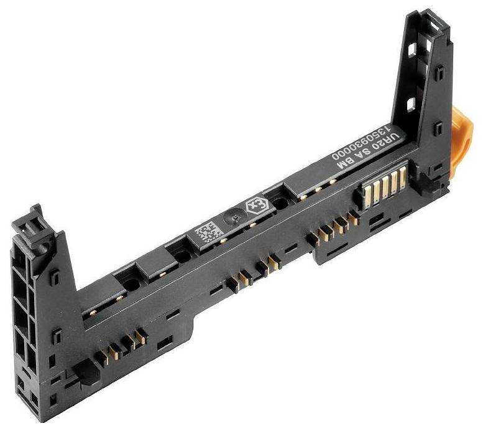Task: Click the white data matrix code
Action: [206, 234]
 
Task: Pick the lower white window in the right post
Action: [412, 103]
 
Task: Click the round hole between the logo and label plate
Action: [281, 203]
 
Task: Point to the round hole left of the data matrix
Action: [182, 255]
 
